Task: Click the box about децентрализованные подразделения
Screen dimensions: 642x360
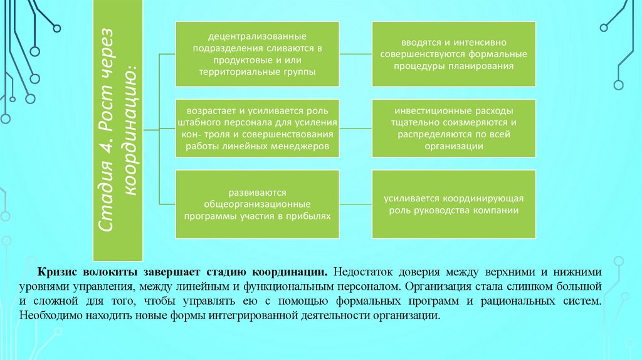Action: (257, 54)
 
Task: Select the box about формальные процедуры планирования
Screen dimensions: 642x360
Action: (455, 54)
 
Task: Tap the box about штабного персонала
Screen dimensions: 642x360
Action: (257, 127)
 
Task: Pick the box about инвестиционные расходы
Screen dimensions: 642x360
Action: (455, 127)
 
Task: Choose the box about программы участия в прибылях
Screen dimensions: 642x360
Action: (257, 203)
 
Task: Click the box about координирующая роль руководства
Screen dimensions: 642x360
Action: (455, 203)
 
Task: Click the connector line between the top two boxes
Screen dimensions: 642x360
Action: (356, 54)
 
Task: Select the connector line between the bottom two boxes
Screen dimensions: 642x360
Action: (356, 203)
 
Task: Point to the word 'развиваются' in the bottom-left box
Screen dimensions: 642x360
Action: (257, 193)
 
